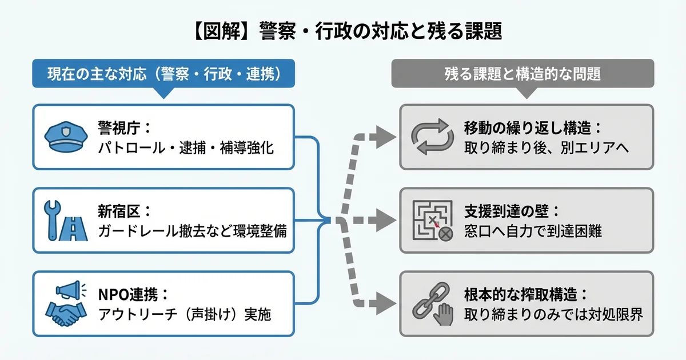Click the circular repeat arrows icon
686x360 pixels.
[x=432, y=137]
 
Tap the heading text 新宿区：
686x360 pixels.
[x=125, y=211]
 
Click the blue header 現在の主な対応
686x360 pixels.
[x=163, y=74]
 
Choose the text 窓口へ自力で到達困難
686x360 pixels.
[x=533, y=231]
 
